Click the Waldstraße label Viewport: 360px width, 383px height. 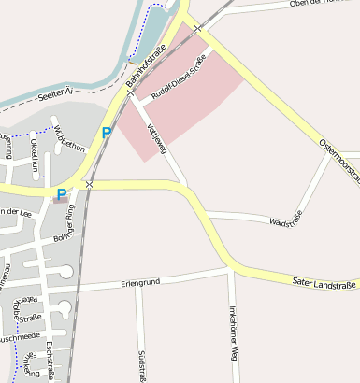[285, 220]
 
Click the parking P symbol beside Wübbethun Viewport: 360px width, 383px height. [106, 133]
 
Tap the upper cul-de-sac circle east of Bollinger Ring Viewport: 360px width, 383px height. [66, 271]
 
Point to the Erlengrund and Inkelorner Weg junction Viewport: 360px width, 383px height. [230, 271]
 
